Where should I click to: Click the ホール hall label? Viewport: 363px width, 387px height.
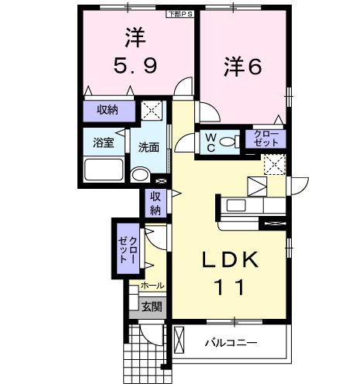pos(152,286)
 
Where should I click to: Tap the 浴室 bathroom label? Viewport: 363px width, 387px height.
pos(104,143)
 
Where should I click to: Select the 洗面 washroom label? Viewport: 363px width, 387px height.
pos(149,147)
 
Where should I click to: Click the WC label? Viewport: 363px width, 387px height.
pos(209,142)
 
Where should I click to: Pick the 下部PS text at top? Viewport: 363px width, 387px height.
pos(177,13)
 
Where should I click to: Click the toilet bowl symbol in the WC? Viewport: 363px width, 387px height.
pos(229,142)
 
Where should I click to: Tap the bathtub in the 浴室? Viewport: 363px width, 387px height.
pos(104,169)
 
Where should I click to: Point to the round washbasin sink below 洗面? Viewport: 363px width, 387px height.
pos(139,175)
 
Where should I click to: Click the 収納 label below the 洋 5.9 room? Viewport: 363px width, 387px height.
pos(108,110)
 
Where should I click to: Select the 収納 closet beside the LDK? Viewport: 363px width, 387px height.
pos(155,203)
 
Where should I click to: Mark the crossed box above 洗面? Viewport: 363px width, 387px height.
pos(152,111)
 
